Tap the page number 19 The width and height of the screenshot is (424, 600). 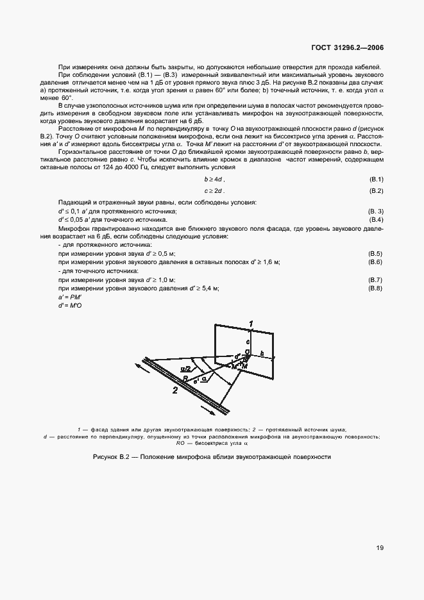[x=380, y=548]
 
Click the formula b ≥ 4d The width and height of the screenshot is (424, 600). [x=214, y=179]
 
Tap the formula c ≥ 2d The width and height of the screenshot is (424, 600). [x=214, y=191]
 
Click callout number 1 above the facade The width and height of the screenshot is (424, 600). [x=251, y=322]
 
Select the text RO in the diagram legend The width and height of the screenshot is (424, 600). [x=182, y=442]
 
